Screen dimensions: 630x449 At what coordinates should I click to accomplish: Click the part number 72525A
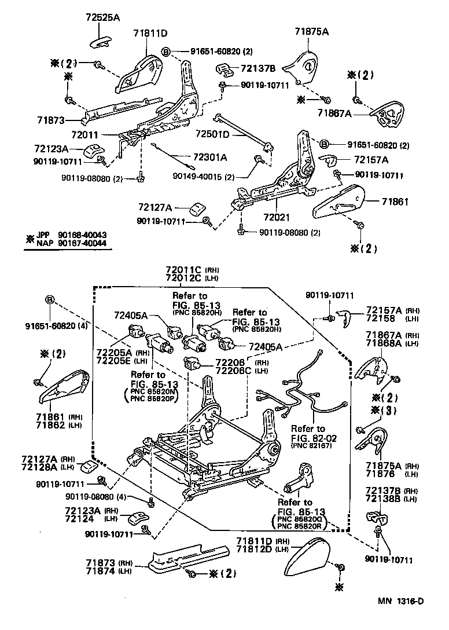104,17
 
